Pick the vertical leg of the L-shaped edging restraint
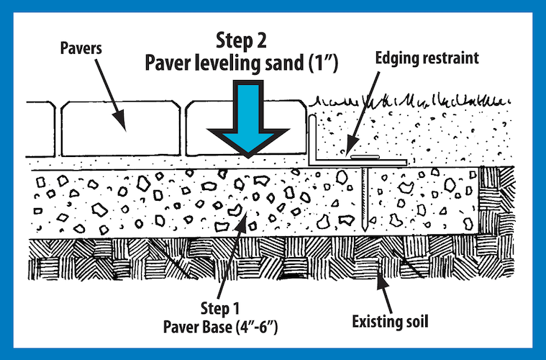tap(313, 141)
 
